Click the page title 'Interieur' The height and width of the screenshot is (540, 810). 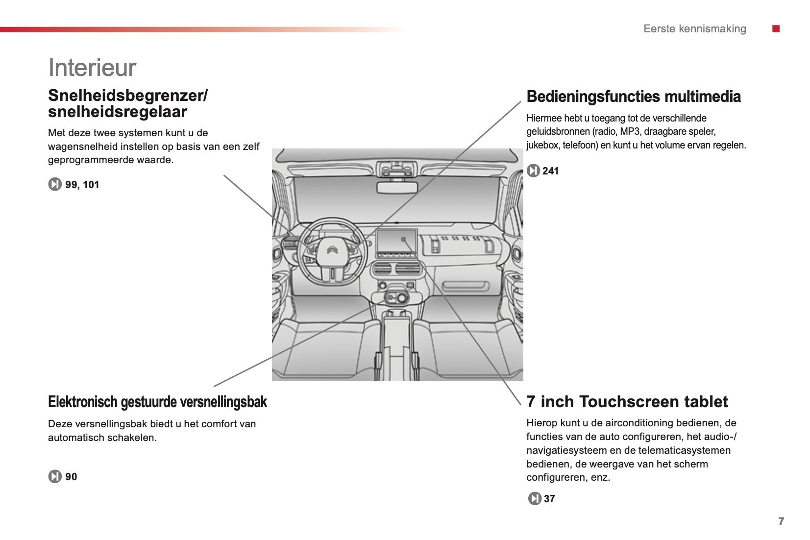coord(92,68)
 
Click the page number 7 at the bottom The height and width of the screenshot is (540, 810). coord(781,521)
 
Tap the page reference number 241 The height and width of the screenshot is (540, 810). coord(550,171)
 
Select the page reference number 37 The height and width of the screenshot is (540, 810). coord(549,499)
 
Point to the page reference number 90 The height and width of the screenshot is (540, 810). coord(71,477)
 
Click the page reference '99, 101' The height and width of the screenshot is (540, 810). coord(82,185)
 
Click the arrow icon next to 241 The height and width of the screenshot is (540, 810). coord(533,171)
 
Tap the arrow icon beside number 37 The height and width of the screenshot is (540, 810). coord(534,499)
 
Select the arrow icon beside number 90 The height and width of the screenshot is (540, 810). coord(55,477)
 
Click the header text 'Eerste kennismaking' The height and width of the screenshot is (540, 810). coord(694,29)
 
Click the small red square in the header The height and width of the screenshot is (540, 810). coord(776,29)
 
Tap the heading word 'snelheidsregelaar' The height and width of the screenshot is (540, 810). coord(118,112)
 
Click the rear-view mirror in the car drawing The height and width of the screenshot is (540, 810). coord(396,187)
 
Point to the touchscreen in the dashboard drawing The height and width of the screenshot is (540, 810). coord(396,242)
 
